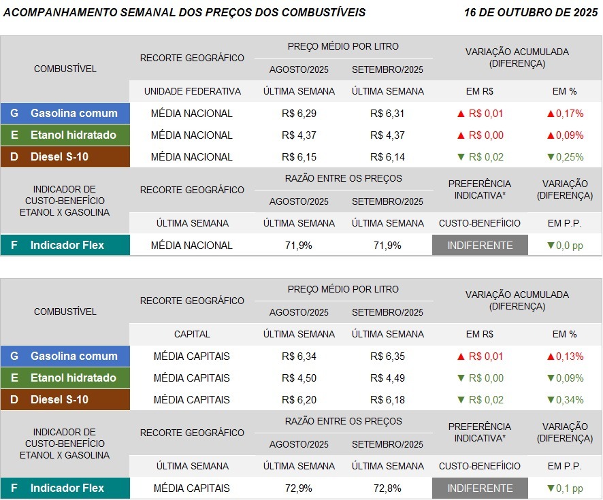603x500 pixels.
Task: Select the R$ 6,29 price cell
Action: tap(299, 113)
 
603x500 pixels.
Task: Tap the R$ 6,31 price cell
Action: tap(387, 113)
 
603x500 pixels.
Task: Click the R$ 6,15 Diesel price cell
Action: tap(299, 156)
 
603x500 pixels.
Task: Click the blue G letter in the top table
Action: tap(14, 113)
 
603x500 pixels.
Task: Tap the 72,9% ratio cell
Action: tap(299, 488)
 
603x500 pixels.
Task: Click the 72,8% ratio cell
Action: tap(387, 488)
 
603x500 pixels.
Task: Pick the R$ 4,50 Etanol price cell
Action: tap(299, 378)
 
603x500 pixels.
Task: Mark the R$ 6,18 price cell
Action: tap(387, 399)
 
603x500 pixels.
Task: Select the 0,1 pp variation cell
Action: tap(565, 488)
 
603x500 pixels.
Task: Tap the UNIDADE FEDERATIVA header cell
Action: tap(192, 91)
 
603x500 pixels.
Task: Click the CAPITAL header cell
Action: tap(192, 334)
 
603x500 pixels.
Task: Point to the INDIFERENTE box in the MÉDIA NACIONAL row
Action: tap(480, 245)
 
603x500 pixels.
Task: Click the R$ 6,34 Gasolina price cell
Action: tap(299, 356)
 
